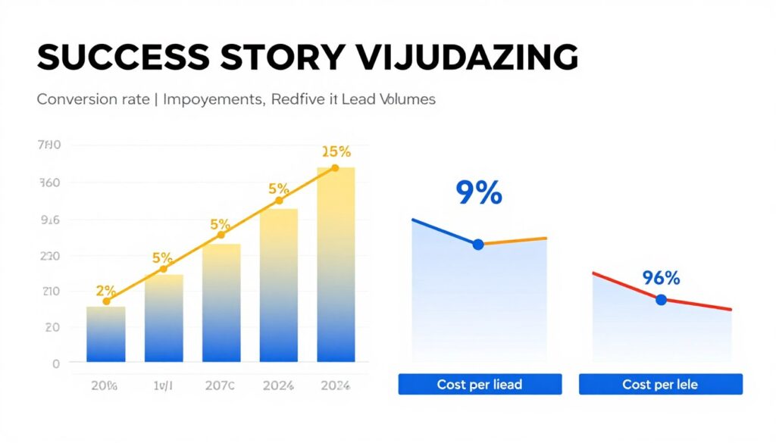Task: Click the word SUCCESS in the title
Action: point(108,58)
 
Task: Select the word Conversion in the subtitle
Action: point(71,99)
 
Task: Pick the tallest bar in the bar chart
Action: point(336,264)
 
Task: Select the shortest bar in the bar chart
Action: point(106,334)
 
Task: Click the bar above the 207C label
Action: point(221,303)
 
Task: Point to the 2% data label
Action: point(106,290)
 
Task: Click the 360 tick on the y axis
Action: point(48,183)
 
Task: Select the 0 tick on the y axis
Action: point(55,363)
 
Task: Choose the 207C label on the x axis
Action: point(221,385)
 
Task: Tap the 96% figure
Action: point(662,278)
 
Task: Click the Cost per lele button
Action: point(660,385)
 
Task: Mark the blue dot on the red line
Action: point(661,300)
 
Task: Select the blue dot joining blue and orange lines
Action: point(478,244)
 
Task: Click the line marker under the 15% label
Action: point(335,168)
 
